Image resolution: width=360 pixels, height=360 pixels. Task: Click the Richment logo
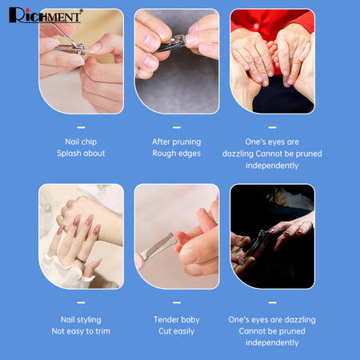click(x=46, y=15)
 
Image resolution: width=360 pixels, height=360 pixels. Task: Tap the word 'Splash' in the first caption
click(x=68, y=154)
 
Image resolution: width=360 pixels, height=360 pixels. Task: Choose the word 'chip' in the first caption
click(x=89, y=142)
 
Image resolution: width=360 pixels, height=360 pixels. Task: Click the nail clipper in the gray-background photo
click(x=171, y=43)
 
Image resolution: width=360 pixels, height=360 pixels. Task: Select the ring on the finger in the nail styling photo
click(x=81, y=260)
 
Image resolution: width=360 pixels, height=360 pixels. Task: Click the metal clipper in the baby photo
click(x=159, y=246)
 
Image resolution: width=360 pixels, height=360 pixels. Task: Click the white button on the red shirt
click(x=256, y=26)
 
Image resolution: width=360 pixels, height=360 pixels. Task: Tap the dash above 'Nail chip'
click(x=81, y=127)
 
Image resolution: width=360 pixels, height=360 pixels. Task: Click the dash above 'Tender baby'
click(x=177, y=302)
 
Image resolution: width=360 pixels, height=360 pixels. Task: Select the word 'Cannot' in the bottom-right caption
click(x=250, y=331)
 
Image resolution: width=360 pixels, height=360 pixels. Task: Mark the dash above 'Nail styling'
click(x=81, y=302)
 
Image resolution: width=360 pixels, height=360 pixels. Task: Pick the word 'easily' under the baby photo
click(x=184, y=331)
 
